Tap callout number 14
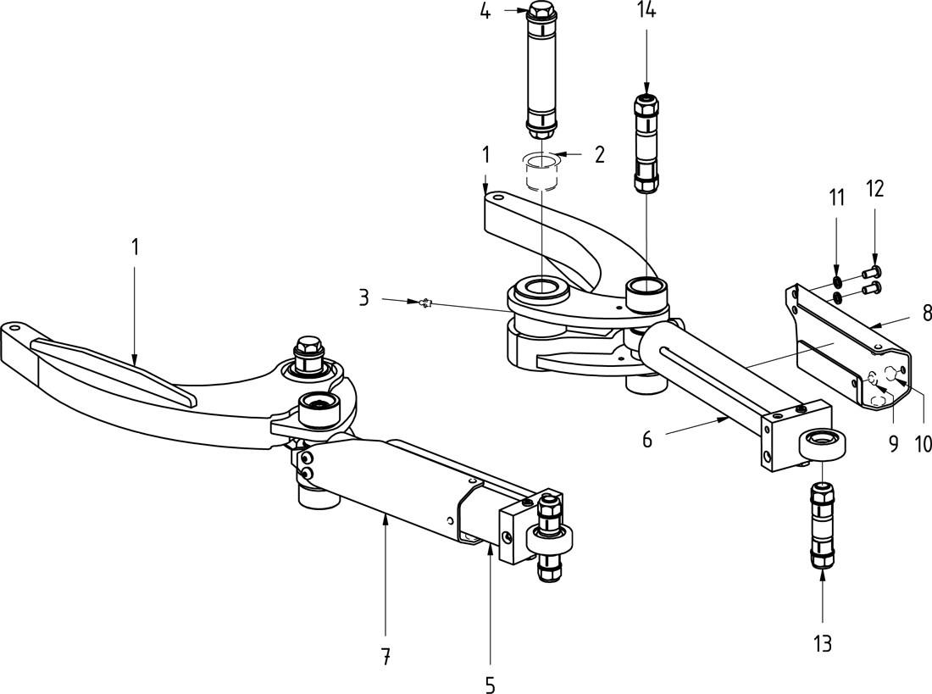point(646,11)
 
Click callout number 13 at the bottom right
point(823,643)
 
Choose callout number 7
point(386,654)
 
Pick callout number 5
point(490,684)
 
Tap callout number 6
point(646,439)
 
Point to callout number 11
point(837,198)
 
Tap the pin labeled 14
point(646,144)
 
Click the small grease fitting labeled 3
point(425,303)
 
